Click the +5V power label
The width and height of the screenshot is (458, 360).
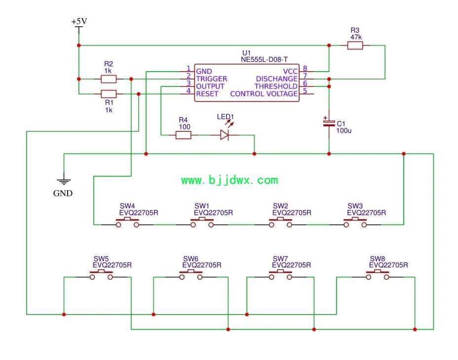79,22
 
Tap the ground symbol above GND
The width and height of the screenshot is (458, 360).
64,181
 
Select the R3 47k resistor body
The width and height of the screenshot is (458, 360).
355,45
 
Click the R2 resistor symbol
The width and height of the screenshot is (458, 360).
109,79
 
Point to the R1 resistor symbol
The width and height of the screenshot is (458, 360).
109,94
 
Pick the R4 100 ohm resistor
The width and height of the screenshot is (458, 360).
184,135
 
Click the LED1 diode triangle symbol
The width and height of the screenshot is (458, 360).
225,135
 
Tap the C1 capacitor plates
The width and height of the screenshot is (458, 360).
329,123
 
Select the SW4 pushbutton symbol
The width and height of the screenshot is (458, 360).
127,222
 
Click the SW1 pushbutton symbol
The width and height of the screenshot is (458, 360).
202,222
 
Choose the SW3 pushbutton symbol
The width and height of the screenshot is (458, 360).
355,222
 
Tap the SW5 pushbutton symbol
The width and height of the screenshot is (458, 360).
101,275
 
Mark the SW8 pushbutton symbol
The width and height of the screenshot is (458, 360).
378,275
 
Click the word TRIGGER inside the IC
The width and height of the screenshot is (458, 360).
211,79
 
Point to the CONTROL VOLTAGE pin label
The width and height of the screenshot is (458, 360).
264,94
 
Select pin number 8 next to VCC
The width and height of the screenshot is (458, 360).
305,68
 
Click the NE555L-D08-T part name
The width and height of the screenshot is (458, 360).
264,60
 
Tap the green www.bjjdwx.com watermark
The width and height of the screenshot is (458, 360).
229,180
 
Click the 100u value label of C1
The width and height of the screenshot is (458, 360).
344,130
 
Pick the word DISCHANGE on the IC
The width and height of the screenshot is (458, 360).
276,79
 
